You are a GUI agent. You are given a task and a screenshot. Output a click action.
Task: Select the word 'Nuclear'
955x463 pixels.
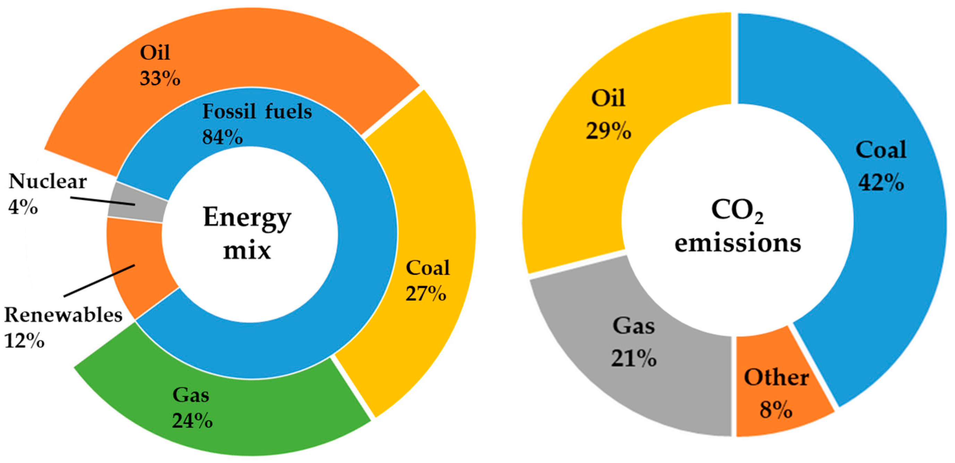(48, 182)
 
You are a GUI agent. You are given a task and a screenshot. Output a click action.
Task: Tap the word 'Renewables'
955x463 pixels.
(63, 315)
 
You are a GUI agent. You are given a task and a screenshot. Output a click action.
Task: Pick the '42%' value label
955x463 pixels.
(881, 182)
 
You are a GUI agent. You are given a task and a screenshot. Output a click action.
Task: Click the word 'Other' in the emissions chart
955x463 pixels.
(776, 378)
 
